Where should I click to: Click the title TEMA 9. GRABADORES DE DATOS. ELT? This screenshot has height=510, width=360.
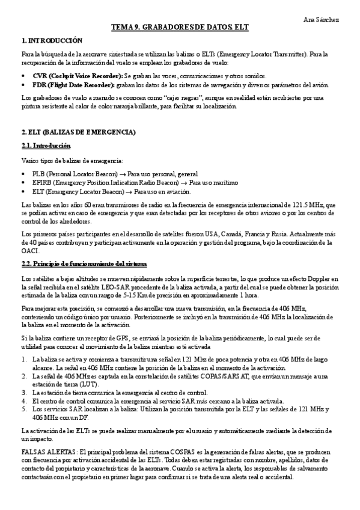(x=180, y=28)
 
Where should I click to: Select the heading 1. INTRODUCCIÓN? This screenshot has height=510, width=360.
(x=51, y=40)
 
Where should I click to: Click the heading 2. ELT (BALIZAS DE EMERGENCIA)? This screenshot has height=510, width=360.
(x=78, y=132)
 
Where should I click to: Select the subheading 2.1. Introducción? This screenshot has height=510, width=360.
(x=46, y=146)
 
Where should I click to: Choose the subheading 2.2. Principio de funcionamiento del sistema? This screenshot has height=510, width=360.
(x=84, y=265)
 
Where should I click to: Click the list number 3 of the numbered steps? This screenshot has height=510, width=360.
(x=24, y=392)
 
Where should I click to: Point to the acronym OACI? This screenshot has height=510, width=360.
(x=31, y=251)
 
